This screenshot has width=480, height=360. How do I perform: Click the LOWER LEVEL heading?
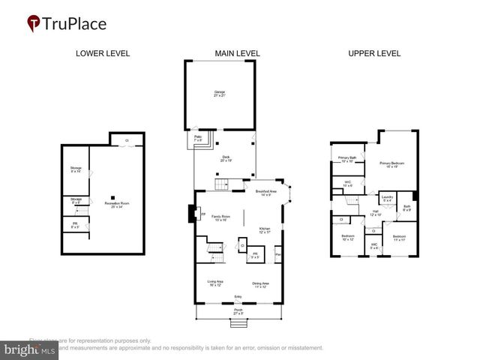tap(102, 54)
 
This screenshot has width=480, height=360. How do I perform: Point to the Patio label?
tap(199, 138)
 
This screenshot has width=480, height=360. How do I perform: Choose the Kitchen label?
tap(265, 229)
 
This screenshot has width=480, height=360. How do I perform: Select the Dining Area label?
tap(261, 284)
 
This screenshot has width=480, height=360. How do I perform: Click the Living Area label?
tap(216, 284)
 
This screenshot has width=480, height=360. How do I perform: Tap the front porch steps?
tap(238, 324)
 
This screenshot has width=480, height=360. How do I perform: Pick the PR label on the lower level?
tap(73, 225)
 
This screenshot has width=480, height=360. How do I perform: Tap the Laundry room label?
tap(387, 199)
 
